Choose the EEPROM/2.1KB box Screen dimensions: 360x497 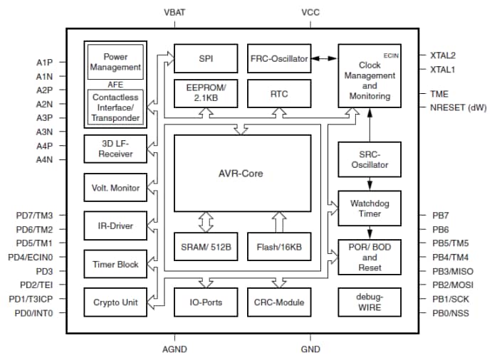[205, 92]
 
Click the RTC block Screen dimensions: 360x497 [278, 92]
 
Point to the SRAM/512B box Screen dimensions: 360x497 [205, 246]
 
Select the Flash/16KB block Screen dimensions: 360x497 [278, 246]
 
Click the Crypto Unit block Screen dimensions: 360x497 [115, 302]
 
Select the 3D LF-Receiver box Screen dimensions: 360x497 [115, 149]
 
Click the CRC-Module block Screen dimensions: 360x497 [278, 302]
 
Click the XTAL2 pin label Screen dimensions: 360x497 [443, 55]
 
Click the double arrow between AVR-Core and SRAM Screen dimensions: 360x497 [206, 221]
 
